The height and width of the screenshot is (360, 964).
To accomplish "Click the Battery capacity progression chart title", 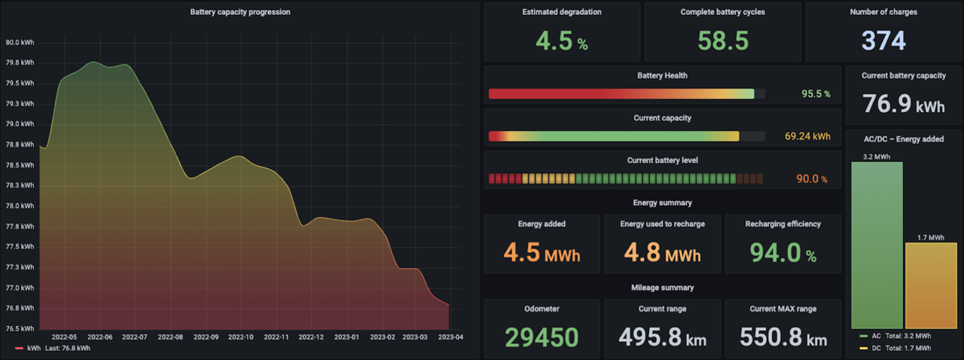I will click(240, 12).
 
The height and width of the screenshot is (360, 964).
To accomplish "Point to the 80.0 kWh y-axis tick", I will click(19, 43).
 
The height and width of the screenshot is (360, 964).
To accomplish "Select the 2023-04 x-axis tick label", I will click(450, 337).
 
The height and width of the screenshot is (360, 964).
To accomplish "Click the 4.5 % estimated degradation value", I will click(561, 41).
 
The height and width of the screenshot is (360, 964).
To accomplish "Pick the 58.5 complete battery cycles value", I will click(723, 41).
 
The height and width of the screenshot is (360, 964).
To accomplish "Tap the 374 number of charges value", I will click(883, 41).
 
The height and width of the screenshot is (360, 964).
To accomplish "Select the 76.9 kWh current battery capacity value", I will click(903, 104).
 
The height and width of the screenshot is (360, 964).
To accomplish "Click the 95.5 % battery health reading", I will click(816, 94).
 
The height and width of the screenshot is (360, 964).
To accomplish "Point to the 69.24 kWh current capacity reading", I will click(807, 137).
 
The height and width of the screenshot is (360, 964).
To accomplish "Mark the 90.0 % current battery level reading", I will click(812, 179).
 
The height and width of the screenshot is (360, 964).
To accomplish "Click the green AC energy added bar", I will click(877, 245).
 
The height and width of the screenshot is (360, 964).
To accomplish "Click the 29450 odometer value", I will click(541, 337).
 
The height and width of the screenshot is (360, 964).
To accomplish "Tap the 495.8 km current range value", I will click(662, 337).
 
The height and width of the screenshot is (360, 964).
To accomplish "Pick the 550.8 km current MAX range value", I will click(782, 337).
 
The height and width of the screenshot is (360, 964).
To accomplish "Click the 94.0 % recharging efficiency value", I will click(782, 252).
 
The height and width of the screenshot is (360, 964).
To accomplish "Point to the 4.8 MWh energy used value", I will click(662, 252).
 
